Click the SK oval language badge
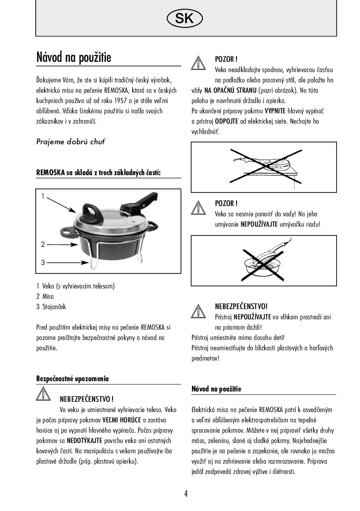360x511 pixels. tap(185, 18)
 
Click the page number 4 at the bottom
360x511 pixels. tap(186, 494)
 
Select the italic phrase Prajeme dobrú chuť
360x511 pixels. tap(71, 142)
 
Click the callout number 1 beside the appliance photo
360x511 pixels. tap(43, 196)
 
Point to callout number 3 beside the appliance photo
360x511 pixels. tap(43, 263)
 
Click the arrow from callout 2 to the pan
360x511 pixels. tap(63, 244)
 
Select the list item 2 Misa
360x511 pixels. tap(45, 296)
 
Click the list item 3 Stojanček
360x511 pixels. tap(51, 307)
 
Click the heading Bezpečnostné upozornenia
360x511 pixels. tap(72, 379)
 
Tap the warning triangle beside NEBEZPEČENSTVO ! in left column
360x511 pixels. tap(43, 394)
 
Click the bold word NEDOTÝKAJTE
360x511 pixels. tap(84, 441)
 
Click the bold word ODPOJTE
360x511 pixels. tap(227, 121)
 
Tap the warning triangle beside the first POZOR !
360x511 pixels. tap(199, 63)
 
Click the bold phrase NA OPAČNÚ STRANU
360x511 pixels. tap(230, 90)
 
